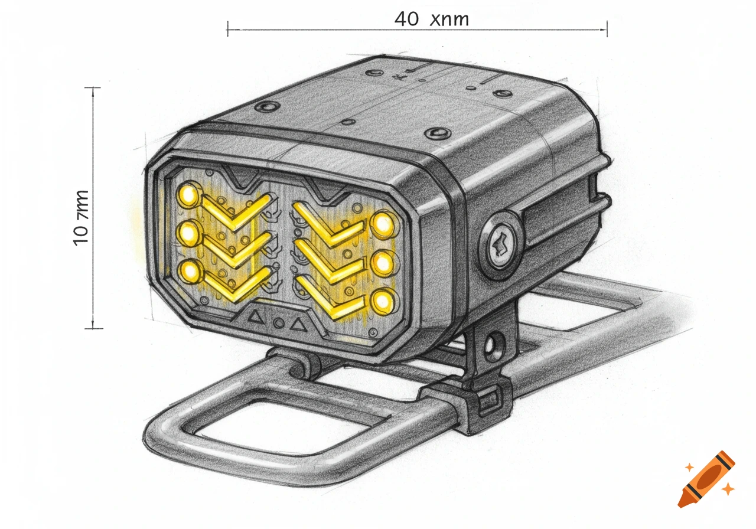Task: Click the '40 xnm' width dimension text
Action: (431, 19)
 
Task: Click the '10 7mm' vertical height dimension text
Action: (82, 217)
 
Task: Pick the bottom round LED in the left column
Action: (190, 272)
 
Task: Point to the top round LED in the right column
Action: (383, 223)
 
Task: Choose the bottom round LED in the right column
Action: (383, 301)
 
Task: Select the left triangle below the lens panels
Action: (256, 316)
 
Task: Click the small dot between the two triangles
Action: (278, 321)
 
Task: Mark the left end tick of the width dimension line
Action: (228, 28)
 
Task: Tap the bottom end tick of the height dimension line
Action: (93, 328)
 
